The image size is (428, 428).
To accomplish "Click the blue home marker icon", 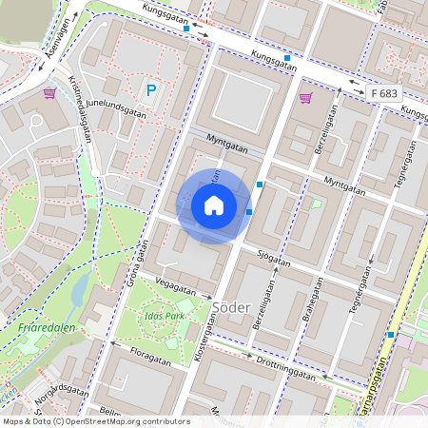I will coord(214,205).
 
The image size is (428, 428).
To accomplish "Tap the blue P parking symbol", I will coord(150,91).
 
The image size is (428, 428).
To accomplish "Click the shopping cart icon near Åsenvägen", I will coord(49,93).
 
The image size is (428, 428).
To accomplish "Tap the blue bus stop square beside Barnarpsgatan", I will coord(390,335).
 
